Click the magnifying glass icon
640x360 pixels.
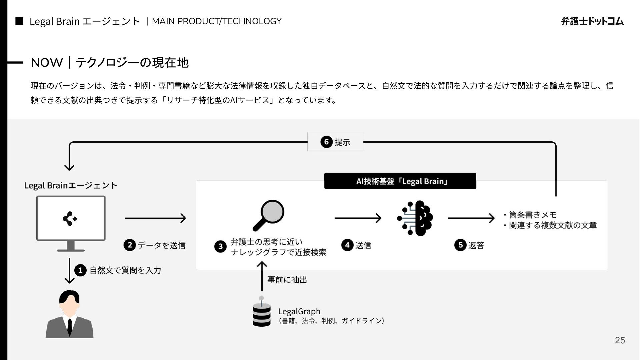269,215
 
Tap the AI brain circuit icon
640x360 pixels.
415,218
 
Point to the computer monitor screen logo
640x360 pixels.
70,219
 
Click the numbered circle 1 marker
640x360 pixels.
80,270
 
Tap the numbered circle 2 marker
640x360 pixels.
130,245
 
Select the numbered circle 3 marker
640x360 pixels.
220,247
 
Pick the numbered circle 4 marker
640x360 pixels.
347,245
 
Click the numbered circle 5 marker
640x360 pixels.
460,245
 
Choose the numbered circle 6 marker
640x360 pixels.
326,142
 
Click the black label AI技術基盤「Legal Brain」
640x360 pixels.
400,181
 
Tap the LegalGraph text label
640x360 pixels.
299,311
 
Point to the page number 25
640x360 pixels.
620,340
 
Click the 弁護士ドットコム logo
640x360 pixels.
592,21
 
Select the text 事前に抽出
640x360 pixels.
287,280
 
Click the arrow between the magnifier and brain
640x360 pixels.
358,218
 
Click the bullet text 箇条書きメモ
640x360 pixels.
532,215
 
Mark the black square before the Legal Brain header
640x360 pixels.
19,21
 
